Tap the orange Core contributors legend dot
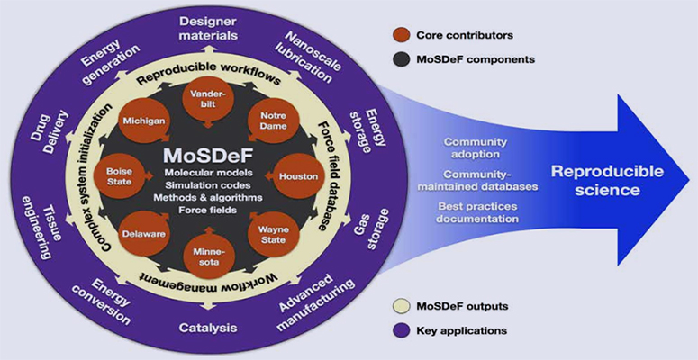tap(402, 35)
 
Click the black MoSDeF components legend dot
tap(402, 58)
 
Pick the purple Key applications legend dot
tap(402, 332)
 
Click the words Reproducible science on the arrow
tap(595, 180)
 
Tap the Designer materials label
tap(208, 27)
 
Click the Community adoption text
tap(476, 148)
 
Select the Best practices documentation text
tap(488, 213)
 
